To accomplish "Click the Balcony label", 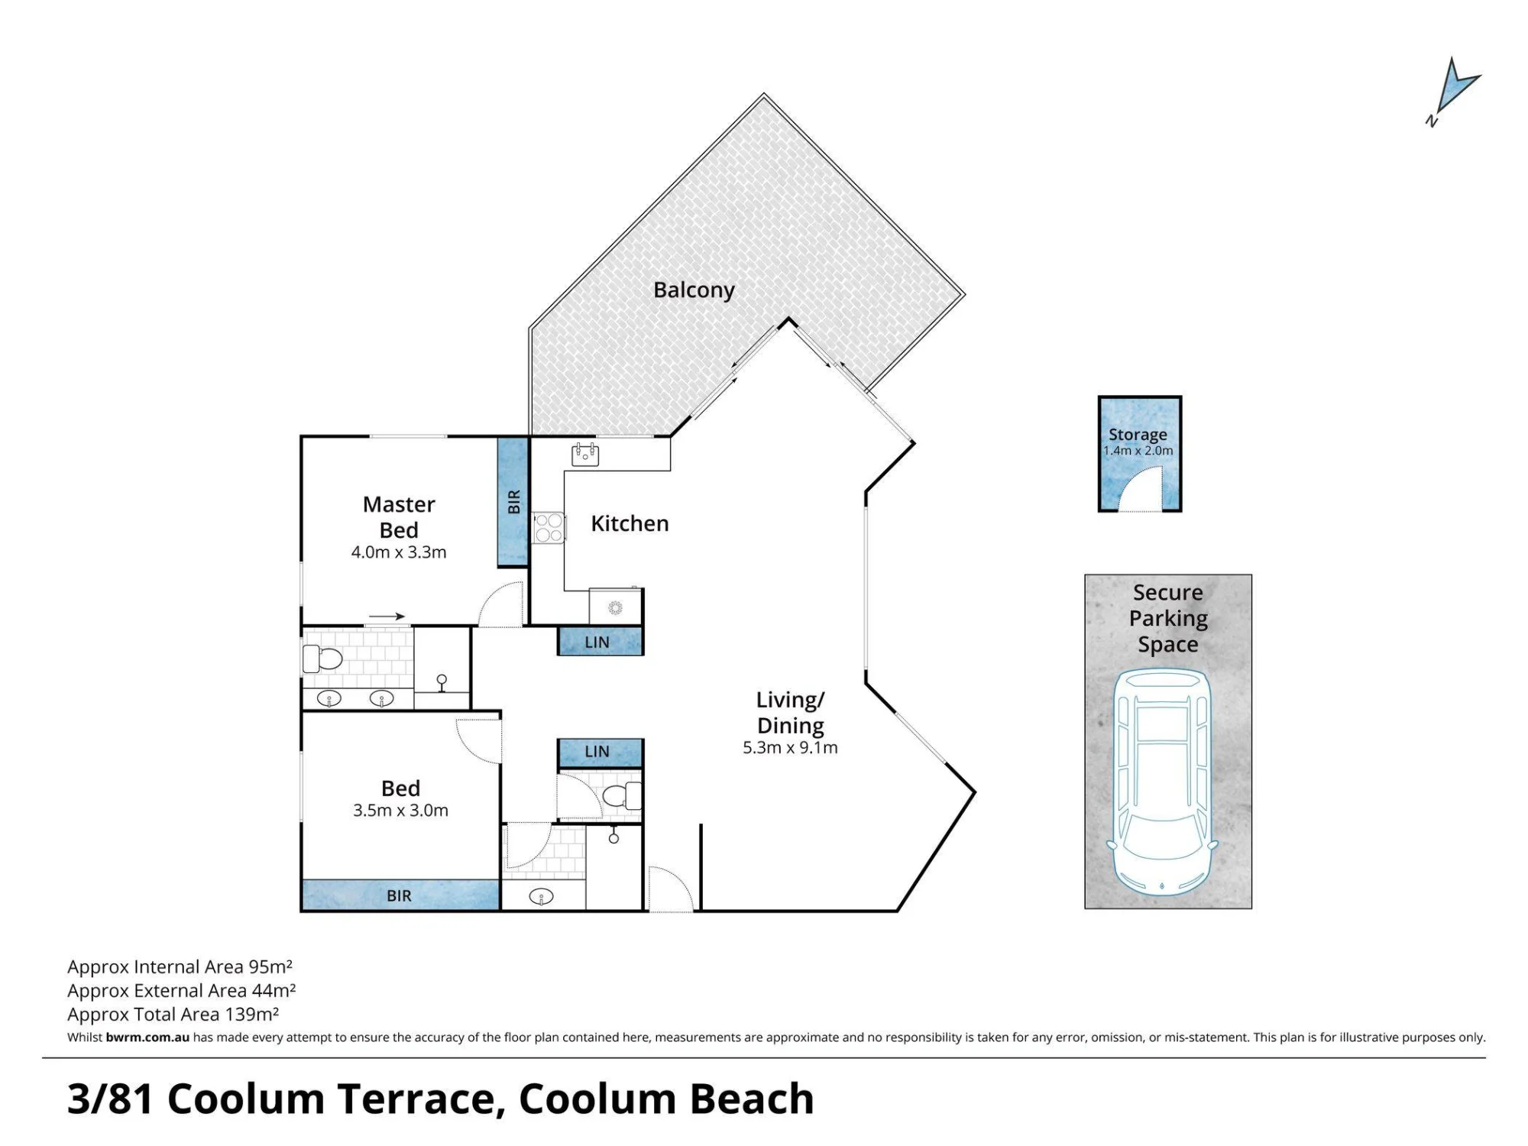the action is pos(694,290).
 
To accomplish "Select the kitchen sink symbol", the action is pos(585,455).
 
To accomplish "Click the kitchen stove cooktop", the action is pos(548,527).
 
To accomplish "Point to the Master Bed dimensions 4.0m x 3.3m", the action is pos(399,552).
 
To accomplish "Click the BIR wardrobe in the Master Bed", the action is pos(513,502).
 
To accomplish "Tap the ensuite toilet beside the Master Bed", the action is pos(322,658).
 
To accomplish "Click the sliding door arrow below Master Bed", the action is pos(387,617).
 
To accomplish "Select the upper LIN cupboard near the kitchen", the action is pos(601,642).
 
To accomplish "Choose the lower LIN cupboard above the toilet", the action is pos(601,753).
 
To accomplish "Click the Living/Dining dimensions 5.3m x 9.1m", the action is pos(790,748).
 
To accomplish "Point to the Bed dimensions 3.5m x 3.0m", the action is pos(400,811).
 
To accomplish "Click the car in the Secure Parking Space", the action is pos(1161,782).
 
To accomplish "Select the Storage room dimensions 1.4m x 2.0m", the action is pos(1138,451).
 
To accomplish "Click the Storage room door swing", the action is pos(1141,490).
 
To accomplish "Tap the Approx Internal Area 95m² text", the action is pos(180,967).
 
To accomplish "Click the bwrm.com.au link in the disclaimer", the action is pos(147,1038).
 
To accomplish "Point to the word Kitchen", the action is pos(630,523).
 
